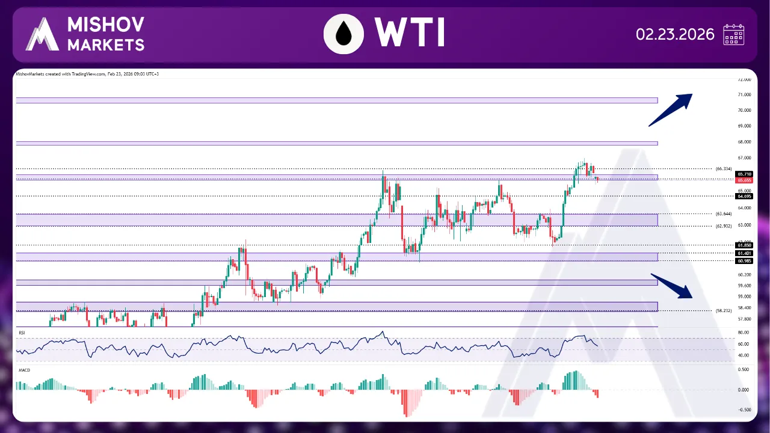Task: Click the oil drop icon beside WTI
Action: click(344, 34)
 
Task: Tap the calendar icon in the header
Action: click(733, 35)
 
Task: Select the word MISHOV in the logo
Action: click(106, 25)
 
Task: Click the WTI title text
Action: click(409, 33)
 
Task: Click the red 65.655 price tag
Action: click(744, 180)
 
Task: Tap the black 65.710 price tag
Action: click(744, 174)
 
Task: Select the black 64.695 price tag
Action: click(744, 196)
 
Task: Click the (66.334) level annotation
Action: click(724, 168)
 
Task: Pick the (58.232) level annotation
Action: click(724, 311)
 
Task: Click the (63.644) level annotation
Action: click(724, 213)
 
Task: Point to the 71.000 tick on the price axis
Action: click(744, 95)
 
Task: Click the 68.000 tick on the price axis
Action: click(744, 142)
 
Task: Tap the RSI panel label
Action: click(22, 332)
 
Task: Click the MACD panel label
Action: click(24, 370)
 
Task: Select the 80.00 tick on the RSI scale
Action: click(743, 333)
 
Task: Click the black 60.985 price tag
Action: click(744, 261)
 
